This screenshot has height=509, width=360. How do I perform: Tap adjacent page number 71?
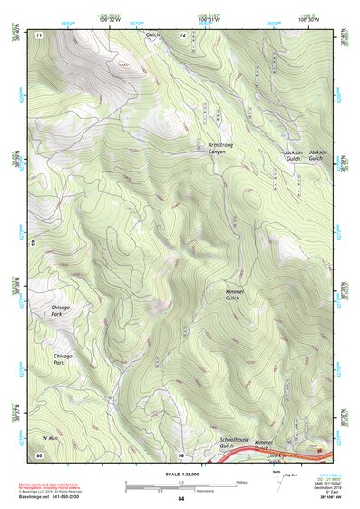[x=39, y=35]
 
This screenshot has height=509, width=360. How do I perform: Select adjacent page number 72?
[x=182, y=35]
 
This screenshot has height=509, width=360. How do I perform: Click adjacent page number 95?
[x=39, y=454]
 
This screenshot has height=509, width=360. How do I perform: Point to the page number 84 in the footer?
[x=181, y=498]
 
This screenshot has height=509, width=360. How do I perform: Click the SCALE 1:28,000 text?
[x=180, y=473]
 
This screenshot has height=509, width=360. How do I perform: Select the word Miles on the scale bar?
[x=240, y=481]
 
